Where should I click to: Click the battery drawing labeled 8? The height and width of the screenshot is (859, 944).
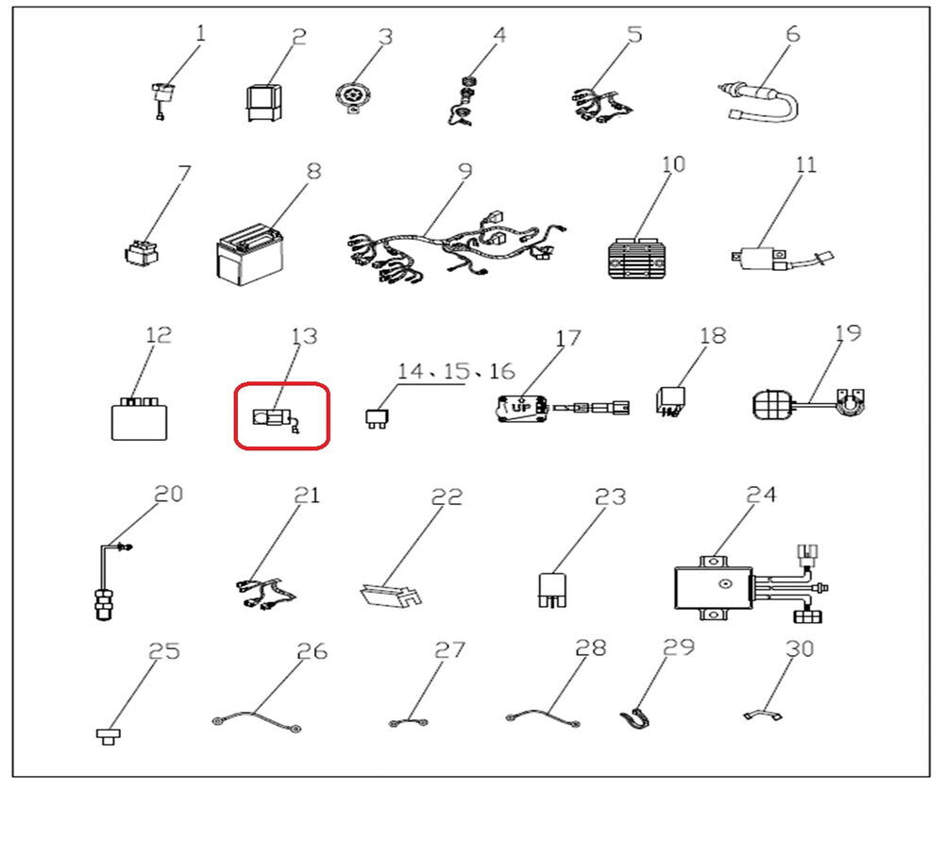249,255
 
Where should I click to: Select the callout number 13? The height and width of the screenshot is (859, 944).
304,336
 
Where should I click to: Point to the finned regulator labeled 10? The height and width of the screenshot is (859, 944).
639,259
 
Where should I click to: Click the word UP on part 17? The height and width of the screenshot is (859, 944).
521,408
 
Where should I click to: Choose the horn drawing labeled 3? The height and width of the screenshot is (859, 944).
351,97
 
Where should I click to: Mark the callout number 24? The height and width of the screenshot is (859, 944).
761,495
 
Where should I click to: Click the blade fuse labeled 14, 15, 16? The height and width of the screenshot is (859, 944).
377,418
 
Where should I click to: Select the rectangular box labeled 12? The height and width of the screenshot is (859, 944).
139,419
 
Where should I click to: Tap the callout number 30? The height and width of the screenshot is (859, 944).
800,648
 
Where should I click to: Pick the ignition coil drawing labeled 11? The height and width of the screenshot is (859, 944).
782,260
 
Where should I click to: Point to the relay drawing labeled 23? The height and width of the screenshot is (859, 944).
552,590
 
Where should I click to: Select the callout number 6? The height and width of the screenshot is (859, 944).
793,34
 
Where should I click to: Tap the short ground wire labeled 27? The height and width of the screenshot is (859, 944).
409,722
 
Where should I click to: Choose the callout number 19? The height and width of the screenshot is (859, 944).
848,333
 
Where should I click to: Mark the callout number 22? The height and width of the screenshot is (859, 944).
447,497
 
